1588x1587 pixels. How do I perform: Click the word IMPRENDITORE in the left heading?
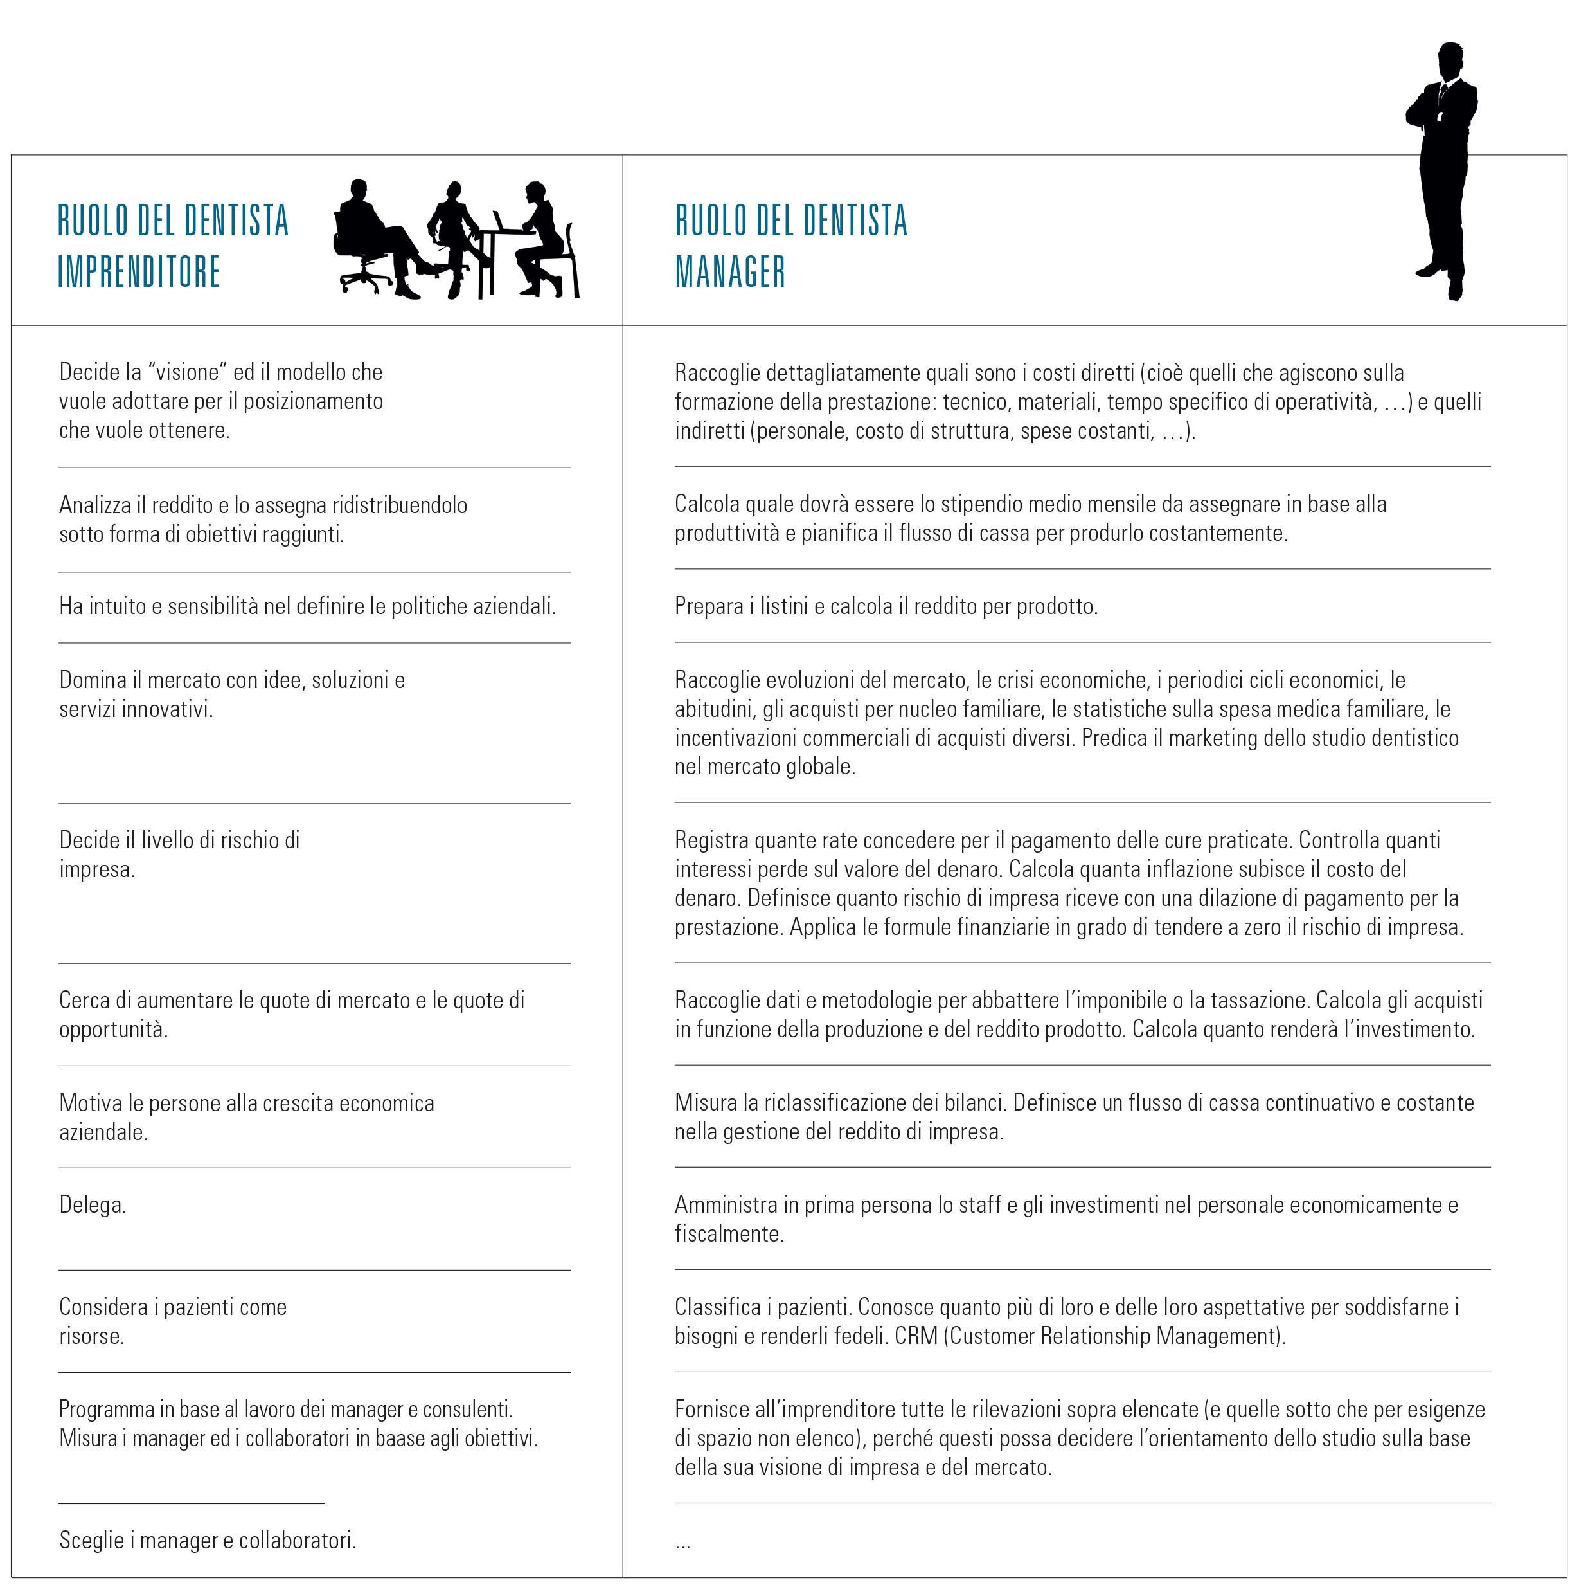[139, 272]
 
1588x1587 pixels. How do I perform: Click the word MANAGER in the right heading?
[730, 272]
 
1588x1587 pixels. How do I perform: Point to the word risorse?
[91, 1336]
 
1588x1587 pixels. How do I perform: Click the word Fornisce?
[712, 1410]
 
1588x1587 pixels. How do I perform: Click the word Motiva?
[86, 1103]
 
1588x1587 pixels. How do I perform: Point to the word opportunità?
[113, 1029]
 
